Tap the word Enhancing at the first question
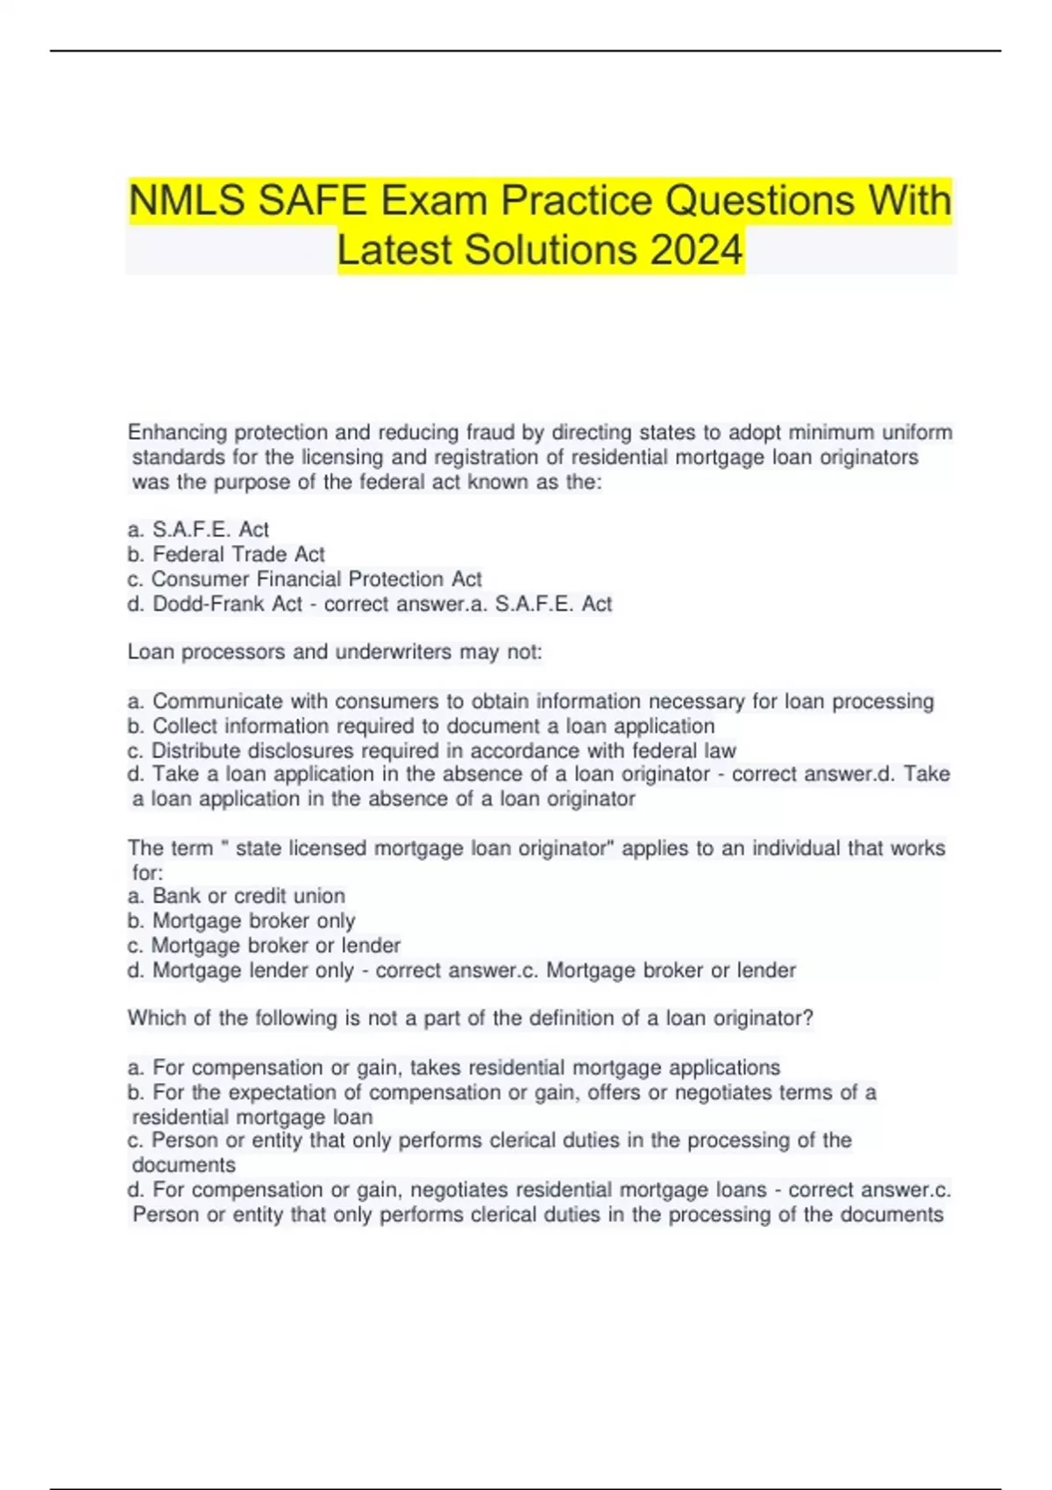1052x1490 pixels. (178, 433)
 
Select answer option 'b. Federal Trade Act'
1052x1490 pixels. (226, 555)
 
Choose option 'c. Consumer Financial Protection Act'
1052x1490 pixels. (305, 579)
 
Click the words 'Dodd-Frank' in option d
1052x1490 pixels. (227, 604)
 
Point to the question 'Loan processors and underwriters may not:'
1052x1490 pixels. (335, 652)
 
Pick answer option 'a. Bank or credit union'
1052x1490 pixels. (236, 896)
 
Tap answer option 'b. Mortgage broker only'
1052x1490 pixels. (241, 920)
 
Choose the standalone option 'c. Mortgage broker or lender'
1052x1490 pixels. (264, 946)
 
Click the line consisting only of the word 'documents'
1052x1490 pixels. (184, 1166)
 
